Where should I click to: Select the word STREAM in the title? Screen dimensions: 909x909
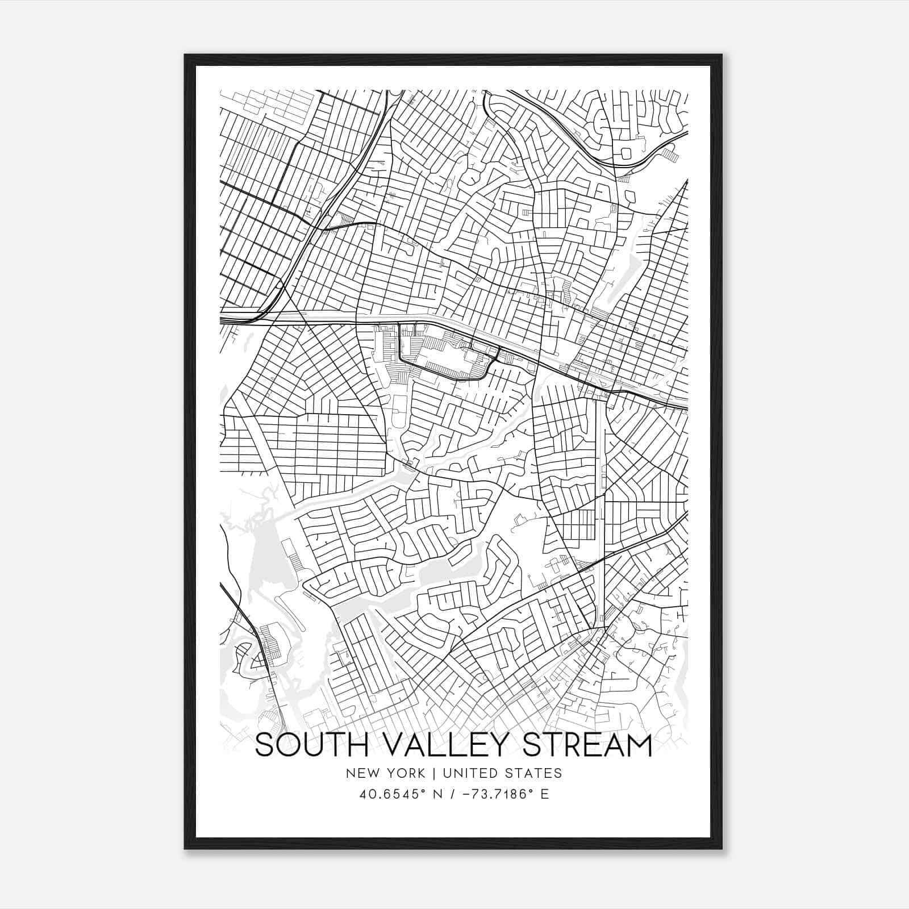tap(587, 745)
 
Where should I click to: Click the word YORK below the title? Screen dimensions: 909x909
tap(405, 773)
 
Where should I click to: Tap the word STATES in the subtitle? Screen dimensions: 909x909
tap(534, 773)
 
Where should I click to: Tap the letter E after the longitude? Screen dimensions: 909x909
tap(545, 794)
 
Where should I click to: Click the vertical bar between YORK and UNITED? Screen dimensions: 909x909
tap(433, 773)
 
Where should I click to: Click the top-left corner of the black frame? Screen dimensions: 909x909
tap(185, 55)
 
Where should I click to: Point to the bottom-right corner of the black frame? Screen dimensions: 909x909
tap(722, 848)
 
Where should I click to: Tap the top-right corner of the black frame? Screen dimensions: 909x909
tap(722, 55)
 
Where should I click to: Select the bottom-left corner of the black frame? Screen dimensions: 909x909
tap(185, 848)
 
